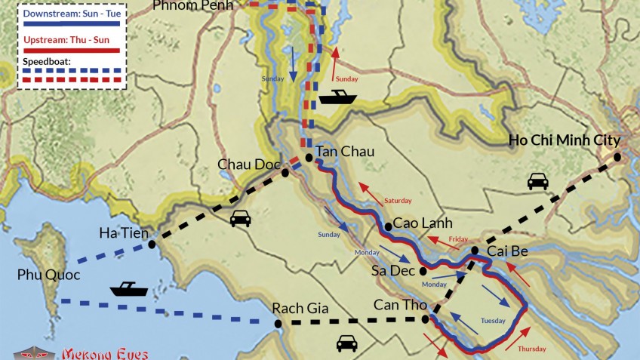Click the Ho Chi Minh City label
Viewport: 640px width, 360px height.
[x=564, y=140]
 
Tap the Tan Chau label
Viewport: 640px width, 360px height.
[x=344, y=151]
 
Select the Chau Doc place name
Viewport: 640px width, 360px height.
[x=249, y=164]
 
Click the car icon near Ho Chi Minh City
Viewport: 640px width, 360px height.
[x=537, y=181]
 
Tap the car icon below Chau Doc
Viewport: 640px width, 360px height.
[x=240, y=219]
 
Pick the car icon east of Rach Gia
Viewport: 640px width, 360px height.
[x=346, y=343]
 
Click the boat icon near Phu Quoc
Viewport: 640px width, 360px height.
[x=128, y=288]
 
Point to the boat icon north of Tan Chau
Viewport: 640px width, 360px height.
[x=337, y=97]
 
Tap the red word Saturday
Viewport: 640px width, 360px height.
[x=398, y=201]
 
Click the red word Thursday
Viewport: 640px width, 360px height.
[x=531, y=349]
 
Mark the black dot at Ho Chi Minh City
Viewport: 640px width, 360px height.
[x=617, y=157]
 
